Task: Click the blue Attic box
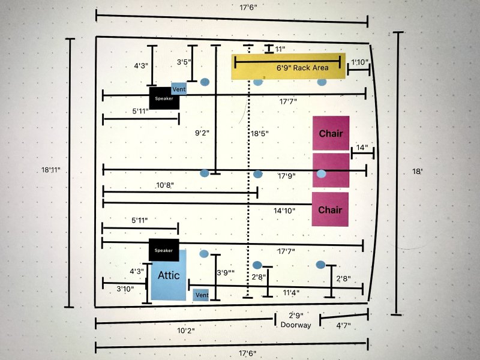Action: pyautogui.click(x=169, y=275)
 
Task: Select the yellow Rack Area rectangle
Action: pyautogui.click(x=289, y=67)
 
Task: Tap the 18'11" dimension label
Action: pyautogui.click(x=51, y=170)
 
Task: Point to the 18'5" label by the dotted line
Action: pyautogui.click(x=260, y=133)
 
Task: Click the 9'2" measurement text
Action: pyautogui.click(x=202, y=133)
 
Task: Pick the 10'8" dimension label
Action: pyautogui.click(x=165, y=185)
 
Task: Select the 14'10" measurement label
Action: pyautogui.click(x=284, y=211)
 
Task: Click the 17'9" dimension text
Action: pyautogui.click(x=287, y=176)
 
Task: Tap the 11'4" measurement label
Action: pyautogui.click(x=291, y=293)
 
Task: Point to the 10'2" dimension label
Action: pyautogui.click(x=186, y=331)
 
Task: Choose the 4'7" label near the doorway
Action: pyautogui.click(x=343, y=325)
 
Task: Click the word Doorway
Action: pyautogui.click(x=296, y=325)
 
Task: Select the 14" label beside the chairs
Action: pyautogui.click(x=362, y=148)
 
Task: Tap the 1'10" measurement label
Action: pyautogui.click(x=359, y=62)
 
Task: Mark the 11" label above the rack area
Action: pyautogui.click(x=280, y=49)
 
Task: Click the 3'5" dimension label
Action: pyautogui.click(x=184, y=62)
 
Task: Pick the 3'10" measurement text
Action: pyautogui.click(x=125, y=289)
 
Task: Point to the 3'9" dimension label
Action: pyautogui.click(x=226, y=272)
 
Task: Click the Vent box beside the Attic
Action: pyautogui.click(x=201, y=295)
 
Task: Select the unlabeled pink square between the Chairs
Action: pyautogui.click(x=331, y=170)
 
